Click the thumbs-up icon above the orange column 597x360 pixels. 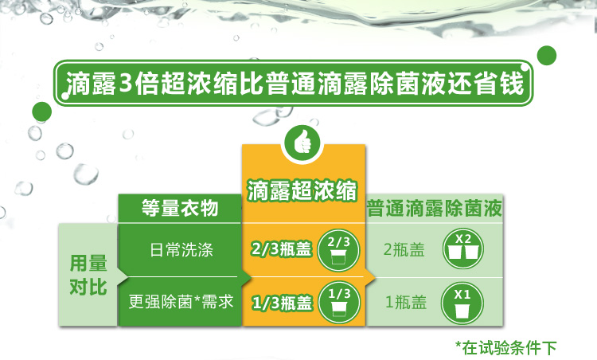tap(302, 143)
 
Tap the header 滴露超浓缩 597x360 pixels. tap(302, 190)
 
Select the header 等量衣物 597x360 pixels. tap(180, 208)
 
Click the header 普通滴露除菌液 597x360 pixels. tap(435, 209)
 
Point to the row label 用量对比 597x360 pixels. tap(88, 275)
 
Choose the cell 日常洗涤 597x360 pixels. tap(181, 250)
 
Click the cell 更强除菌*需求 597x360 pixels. tap(181, 301)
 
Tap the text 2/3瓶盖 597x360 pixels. tap(281, 249)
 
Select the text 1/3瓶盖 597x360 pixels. tap(282, 303)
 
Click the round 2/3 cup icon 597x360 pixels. tap(338, 250)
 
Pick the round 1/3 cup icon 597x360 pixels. tap(338, 303)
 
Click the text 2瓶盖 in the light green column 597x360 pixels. tap(404, 250)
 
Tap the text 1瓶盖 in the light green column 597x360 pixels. tap(406, 302)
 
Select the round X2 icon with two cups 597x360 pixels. tap(463, 248)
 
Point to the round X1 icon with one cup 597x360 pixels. tap(462, 303)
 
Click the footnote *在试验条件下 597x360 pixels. tap(506, 347)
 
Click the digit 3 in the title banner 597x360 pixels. tap(125, 82)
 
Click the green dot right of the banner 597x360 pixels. tap(547, 55)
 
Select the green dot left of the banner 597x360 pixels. tap(42, 112)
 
